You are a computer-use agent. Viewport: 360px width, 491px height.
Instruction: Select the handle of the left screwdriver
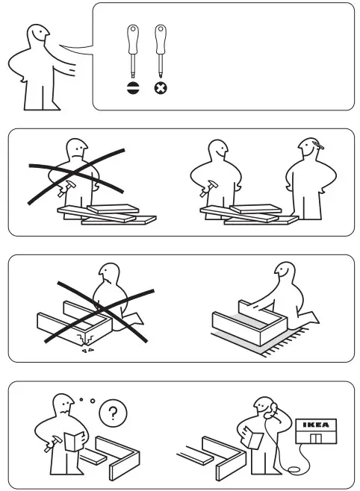[x=132, y=37]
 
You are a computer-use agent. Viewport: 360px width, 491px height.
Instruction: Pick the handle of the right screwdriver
[x=159, y=37]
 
